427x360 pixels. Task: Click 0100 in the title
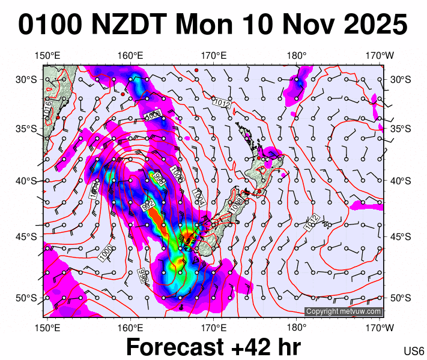click(50, 25)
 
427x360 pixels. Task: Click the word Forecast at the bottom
click(178, 347)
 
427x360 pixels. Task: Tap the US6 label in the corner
click(414, 351)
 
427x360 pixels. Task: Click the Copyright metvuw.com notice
click(344, 311)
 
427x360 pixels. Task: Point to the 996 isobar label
click(143, 275)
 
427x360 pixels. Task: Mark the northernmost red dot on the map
click(196, 70)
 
